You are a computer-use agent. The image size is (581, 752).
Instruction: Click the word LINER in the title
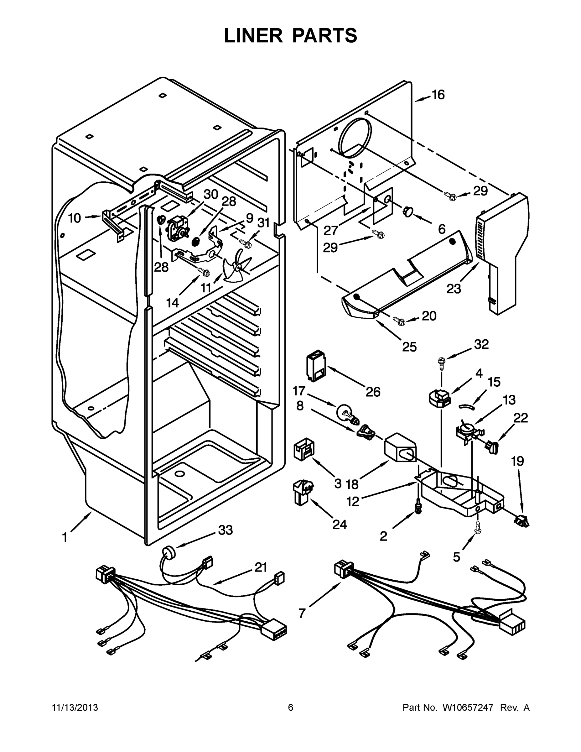click(253, 35)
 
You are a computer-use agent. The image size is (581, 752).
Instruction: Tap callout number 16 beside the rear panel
click(438, 95)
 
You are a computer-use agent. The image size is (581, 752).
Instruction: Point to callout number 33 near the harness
click(226, 530)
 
